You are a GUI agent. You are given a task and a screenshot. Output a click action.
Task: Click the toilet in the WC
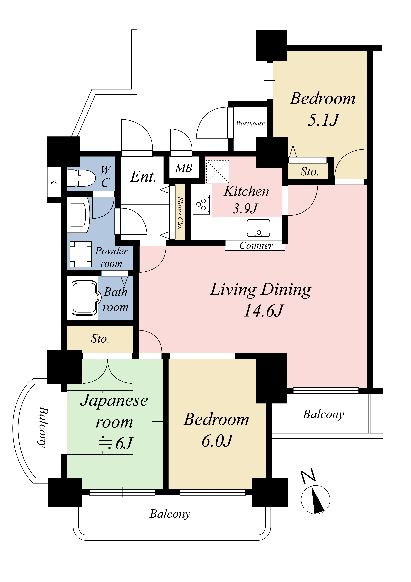point(81,178)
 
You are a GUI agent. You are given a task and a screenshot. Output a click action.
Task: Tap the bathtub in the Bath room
point(85,298)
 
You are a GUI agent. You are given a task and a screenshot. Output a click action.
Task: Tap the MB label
point(184,168)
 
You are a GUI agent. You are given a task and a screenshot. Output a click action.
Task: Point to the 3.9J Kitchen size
point(245,208)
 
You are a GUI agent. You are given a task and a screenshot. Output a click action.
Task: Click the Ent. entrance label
point(143,176)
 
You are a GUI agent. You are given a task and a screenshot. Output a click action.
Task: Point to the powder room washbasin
point(78,215)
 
